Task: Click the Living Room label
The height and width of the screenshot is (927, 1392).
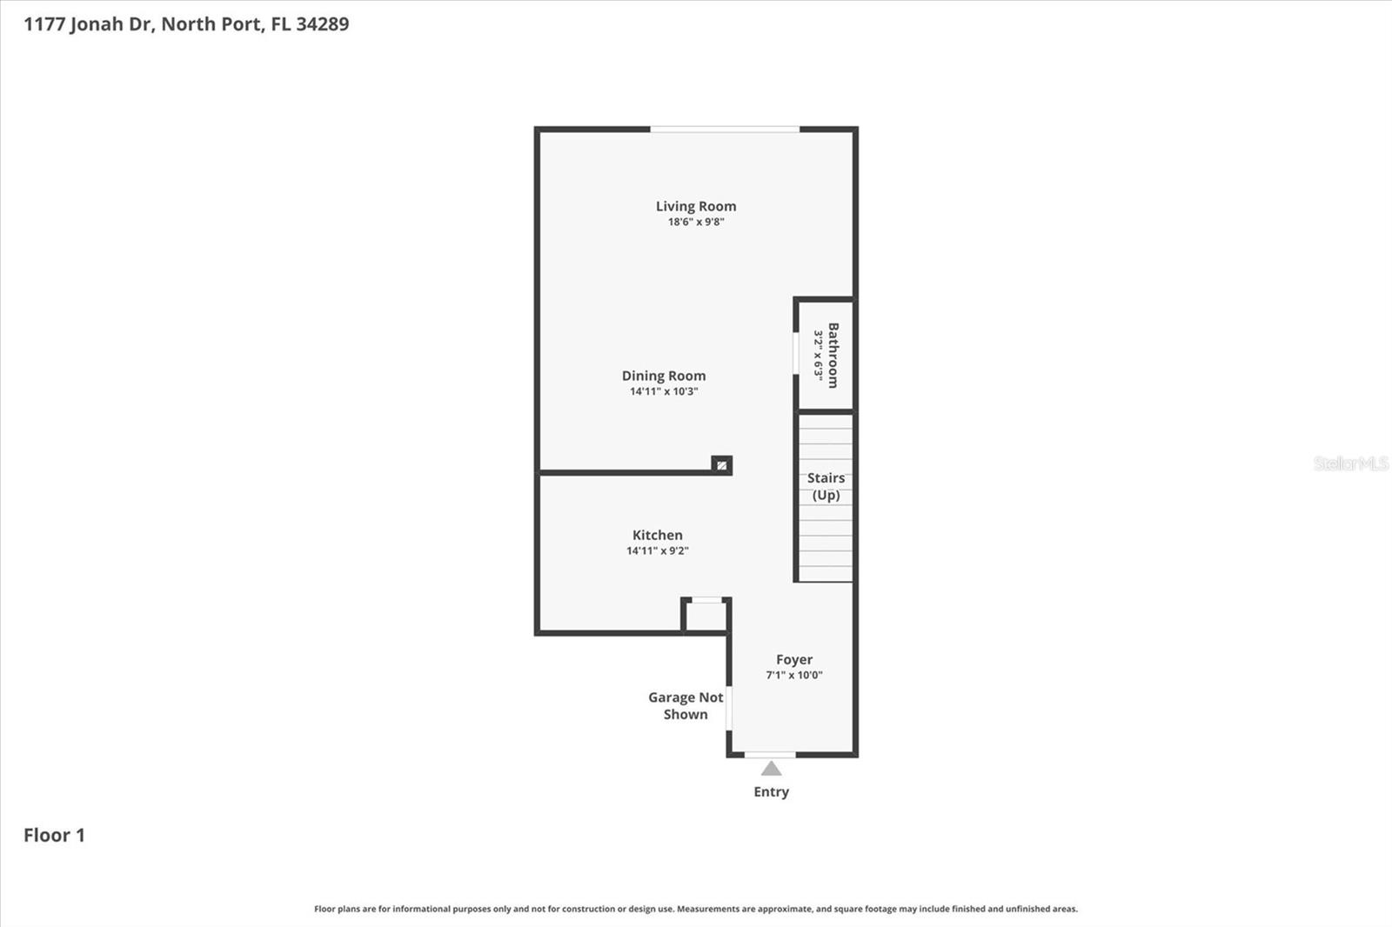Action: pos(696,206)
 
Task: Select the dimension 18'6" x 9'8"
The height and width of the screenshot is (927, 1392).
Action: pos(696,222)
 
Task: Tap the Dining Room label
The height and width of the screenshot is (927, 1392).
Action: pos(664,376)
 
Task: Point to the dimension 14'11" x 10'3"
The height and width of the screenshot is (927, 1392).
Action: pos(664,391)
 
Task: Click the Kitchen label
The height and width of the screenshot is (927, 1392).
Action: pos(658,535)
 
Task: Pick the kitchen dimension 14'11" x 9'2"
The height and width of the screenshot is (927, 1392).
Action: pos(658,550)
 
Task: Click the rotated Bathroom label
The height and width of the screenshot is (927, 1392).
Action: pos(833,355)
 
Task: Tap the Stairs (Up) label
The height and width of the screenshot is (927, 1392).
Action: pos(826,486)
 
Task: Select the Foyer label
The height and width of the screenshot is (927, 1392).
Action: pos(794,659)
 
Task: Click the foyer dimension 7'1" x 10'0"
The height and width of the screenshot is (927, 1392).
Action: pos(794,675)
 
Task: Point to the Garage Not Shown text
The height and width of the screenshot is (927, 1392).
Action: pos(686,705)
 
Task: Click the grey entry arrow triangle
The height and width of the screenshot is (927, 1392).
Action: pos(771,769)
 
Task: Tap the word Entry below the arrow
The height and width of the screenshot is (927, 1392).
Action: pos(771,791)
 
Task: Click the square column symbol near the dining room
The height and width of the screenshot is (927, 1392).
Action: pos(721,465)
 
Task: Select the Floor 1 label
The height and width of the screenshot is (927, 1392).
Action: pos(54,835)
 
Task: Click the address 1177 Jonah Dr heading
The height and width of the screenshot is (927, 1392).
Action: pos(186,23)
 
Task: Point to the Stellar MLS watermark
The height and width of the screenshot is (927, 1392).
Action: pos(1350,463)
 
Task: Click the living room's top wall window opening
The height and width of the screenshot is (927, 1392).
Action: pos(725,130)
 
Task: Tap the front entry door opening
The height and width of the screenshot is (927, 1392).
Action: pos(770,755)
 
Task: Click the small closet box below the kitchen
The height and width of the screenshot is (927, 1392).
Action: pos(706,616)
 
